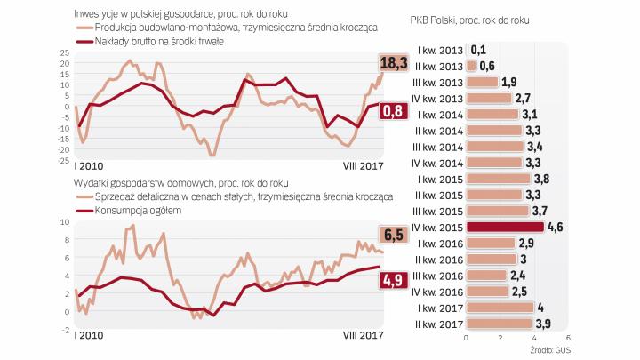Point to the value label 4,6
coord(556,227)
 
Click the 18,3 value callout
coord(393,62)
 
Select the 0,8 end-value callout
coord(393,111)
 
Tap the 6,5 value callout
coord(394,235)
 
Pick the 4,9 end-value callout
coord(394,280)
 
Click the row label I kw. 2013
coord(436,51)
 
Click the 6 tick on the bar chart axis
coord(567,338)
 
